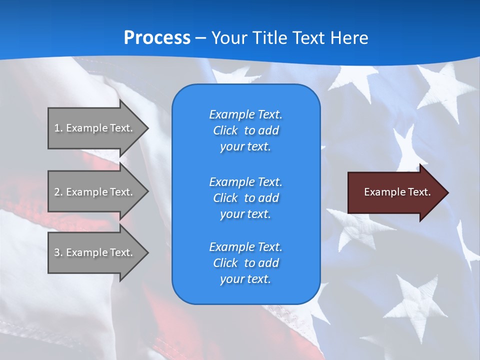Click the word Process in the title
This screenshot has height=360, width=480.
click(157, 38)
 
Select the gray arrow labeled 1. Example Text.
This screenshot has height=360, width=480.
click(95, 128)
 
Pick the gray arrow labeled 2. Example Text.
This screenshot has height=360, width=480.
click(95, 192)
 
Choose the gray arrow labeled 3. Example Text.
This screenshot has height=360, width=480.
click(95, 252)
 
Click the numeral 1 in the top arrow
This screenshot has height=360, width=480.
click(57, 128)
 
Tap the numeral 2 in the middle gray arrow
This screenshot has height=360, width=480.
click(57, 192)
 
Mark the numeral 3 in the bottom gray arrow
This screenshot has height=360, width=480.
click(57, 252)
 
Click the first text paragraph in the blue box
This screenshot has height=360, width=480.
click(245, 130)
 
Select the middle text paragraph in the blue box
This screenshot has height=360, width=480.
click(245, 198)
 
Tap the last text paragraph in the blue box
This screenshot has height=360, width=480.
click(245, 263)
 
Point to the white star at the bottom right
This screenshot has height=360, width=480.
click(415, 300)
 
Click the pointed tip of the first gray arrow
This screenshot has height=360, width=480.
click(147, 128)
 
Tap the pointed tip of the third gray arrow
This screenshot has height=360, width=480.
click(147, 252)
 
